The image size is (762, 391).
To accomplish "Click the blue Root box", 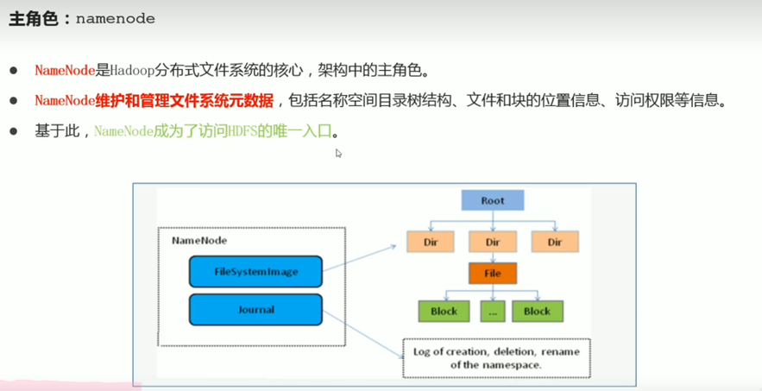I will (x=492, y=200).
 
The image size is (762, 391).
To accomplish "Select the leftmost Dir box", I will (x=430, y=242).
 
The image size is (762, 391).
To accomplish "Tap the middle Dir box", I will (x=492, y=242).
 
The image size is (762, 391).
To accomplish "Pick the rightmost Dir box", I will (x=554, y=242).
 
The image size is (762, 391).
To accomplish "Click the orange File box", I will (x=492, y=274).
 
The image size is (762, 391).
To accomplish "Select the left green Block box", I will (x=444, y=311).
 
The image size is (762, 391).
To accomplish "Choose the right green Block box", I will (x=537, y=311).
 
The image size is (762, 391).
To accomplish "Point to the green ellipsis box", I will (x=492, y=311).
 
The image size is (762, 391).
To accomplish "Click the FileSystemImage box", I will (x=255, y=272).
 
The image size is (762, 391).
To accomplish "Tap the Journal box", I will (x=255, y=309).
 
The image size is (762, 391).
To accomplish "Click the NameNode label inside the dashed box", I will (x=199, y=240).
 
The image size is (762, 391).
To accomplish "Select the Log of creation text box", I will (x=496, y=358).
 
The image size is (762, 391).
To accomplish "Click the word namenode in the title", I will (x=116, y=18).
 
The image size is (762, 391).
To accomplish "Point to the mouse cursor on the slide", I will (x=338, y=153).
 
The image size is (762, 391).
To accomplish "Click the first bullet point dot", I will (x=13, y=70).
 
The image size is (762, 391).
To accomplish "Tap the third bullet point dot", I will (x=13, y=131).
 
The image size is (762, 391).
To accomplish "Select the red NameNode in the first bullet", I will (x=65, y=70).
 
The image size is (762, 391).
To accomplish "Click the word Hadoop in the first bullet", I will (x=131, y=70).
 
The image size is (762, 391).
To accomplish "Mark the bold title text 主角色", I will (x=34, y=18).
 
